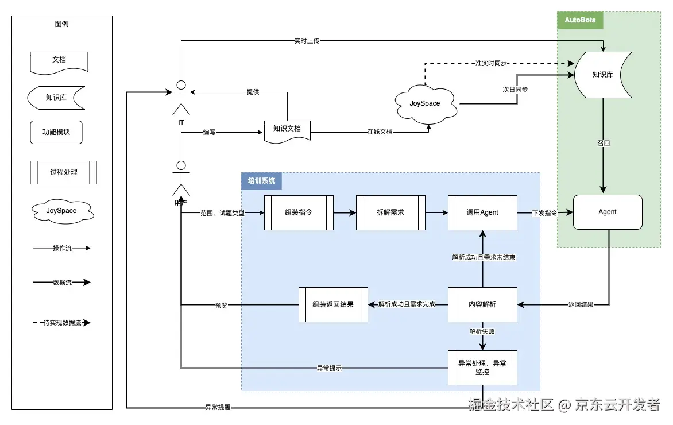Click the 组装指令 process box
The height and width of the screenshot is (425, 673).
(x=299, y=212)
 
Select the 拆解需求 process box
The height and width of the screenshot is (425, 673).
(x=390, y=212)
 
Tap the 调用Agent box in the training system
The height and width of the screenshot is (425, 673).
(x=482, y=212)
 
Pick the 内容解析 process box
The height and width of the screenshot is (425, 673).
(x=482, y=304)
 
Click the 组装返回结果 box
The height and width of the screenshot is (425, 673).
(x=333, y=304)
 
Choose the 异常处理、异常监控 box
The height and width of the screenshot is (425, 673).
(x=482, y=368)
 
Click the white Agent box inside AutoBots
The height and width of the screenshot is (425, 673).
(x=608, y=212)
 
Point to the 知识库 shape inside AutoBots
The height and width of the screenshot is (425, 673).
(x=603, y=75)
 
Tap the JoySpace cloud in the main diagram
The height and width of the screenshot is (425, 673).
(x=425, y=103)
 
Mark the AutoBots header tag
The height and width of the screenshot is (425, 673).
(x=580, y=20)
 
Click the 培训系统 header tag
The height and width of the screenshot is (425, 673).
(x=261, y=181)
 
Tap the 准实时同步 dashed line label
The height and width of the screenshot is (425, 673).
(x=492, y=63)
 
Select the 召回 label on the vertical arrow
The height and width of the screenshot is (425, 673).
(x=604, y=143)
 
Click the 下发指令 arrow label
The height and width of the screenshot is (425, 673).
(x=536, y=212)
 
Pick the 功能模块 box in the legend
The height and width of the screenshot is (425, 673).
(x=56, y=132)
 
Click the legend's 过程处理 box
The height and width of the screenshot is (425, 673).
(x=63, y=172)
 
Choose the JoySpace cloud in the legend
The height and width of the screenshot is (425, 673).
(x=61, y=211)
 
